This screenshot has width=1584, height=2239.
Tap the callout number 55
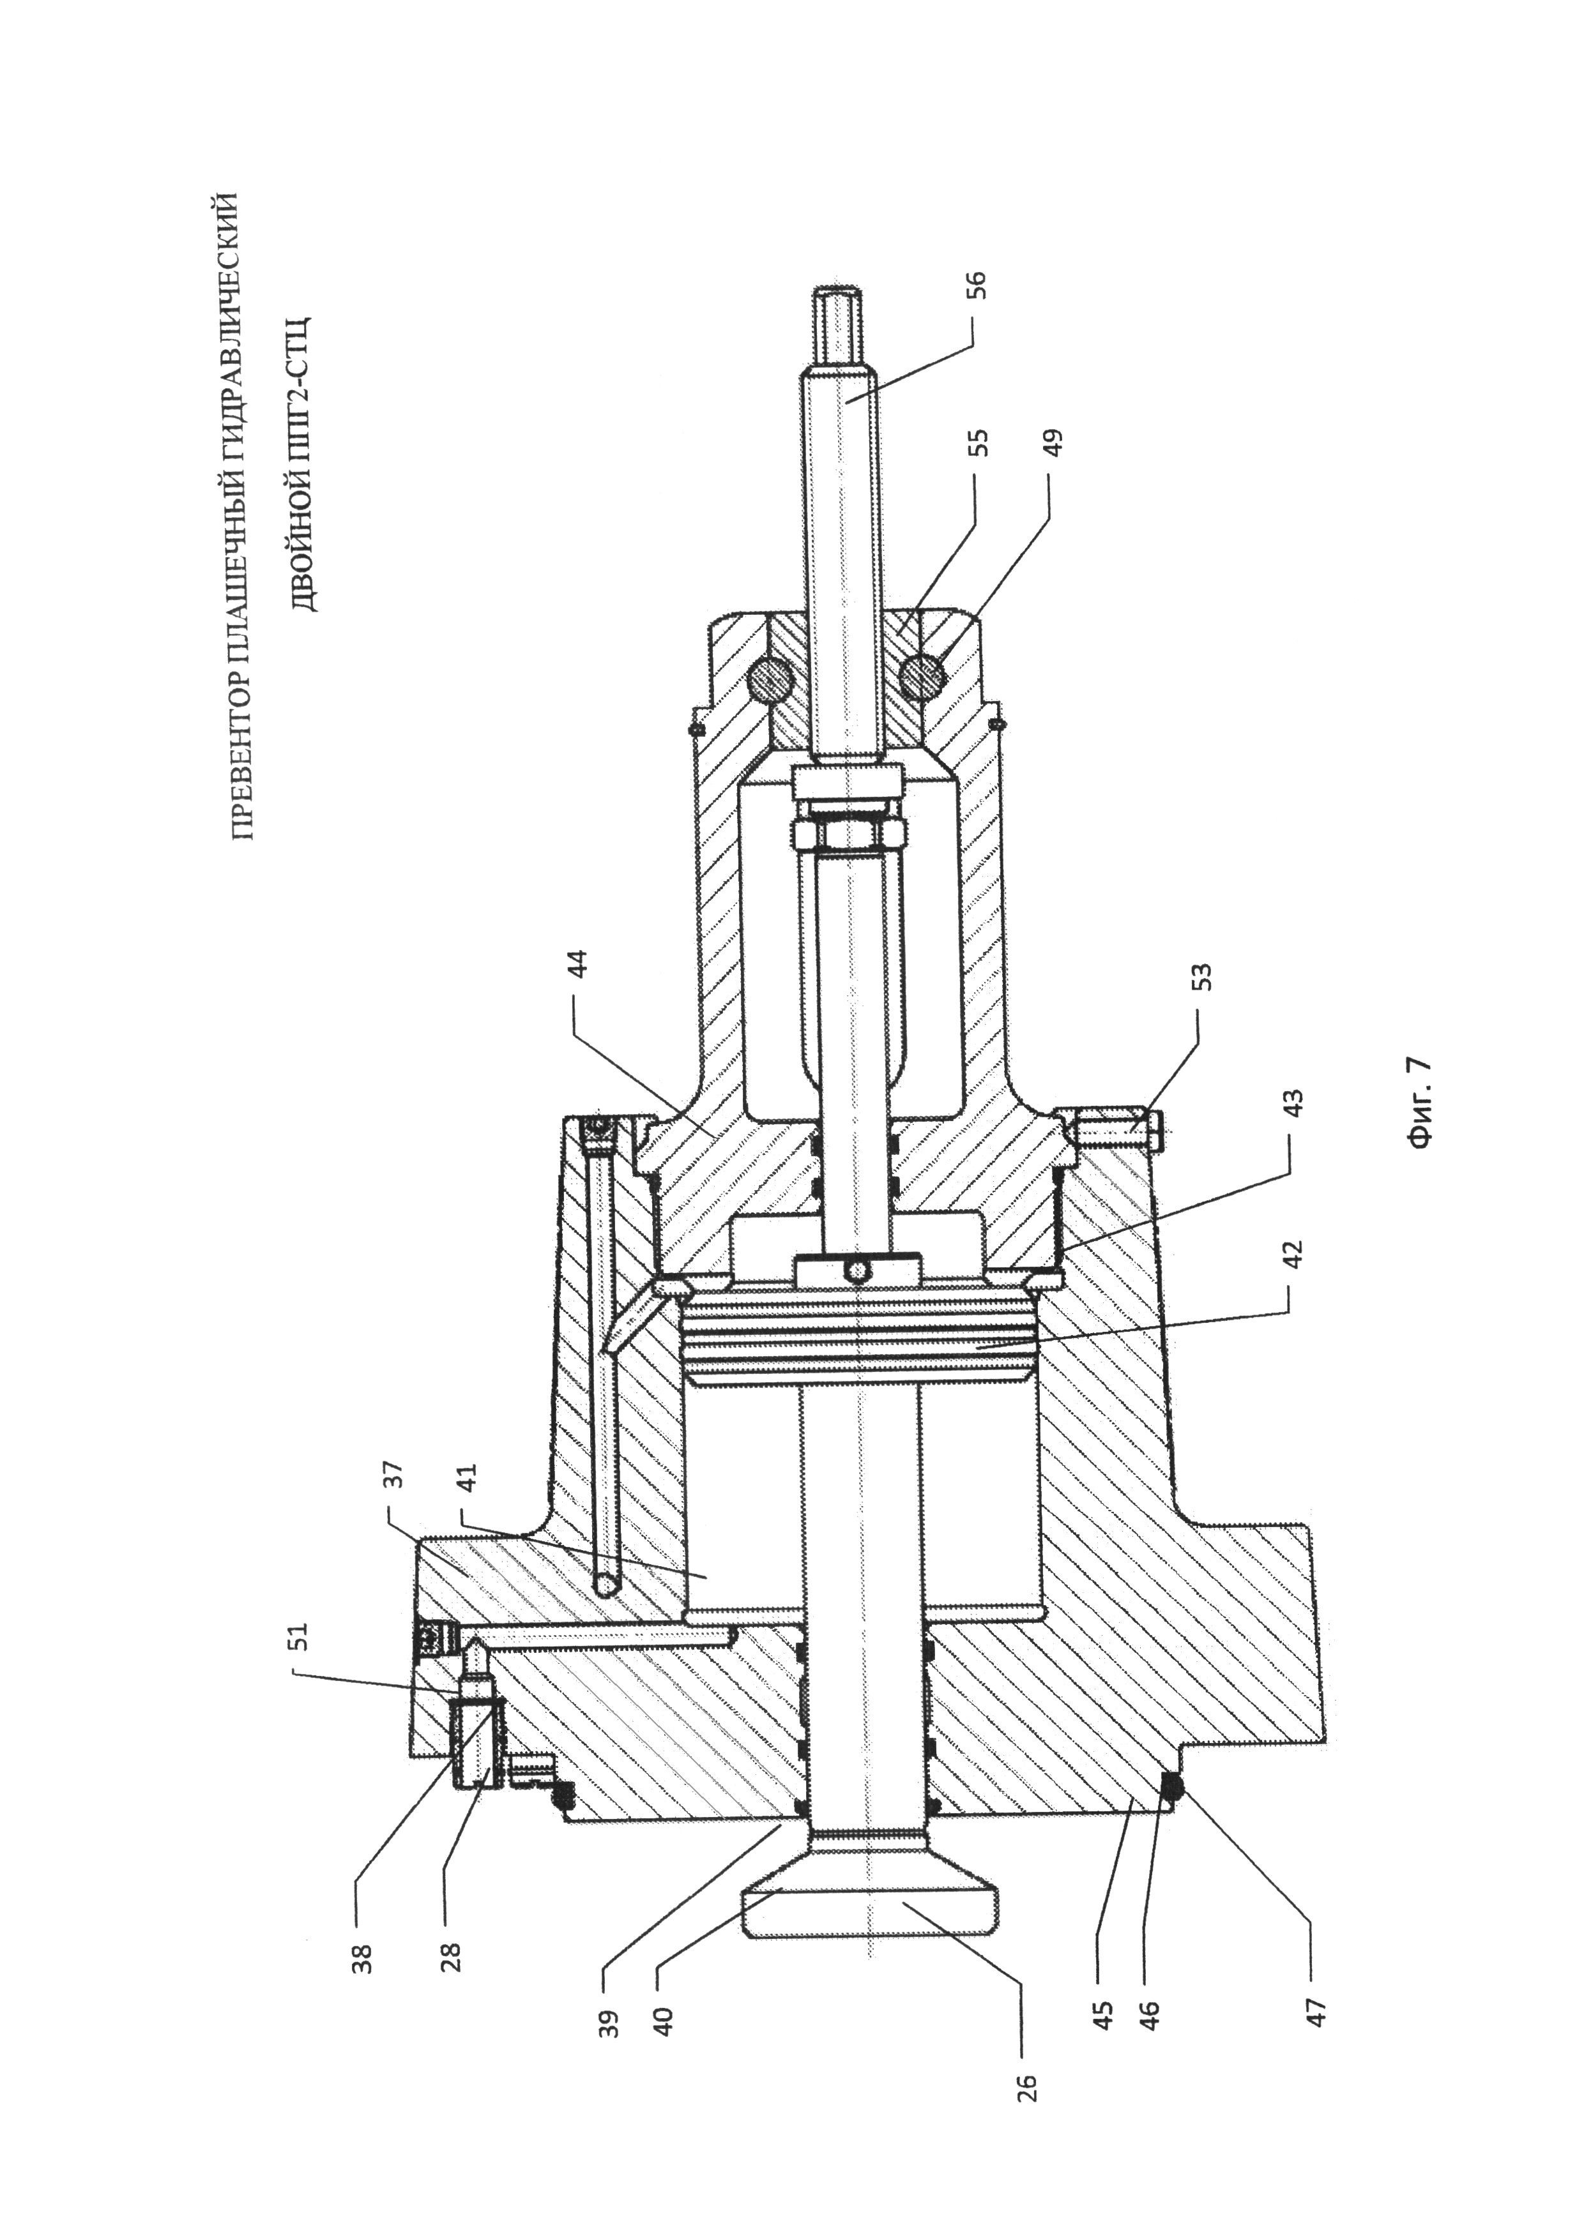tap(980, 442)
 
